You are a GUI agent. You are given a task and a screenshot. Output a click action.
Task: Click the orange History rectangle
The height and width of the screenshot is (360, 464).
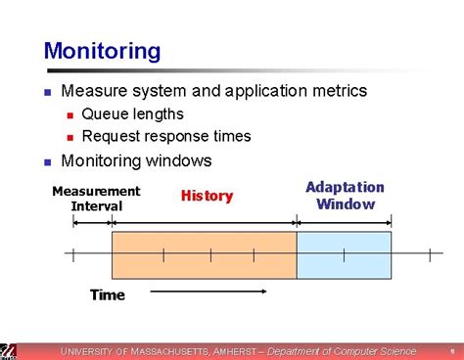click(204, 255)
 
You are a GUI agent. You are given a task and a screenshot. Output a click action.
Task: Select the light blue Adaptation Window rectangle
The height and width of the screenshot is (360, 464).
click(344, 255)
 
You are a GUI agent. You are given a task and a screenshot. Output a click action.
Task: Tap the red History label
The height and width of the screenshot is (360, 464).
click(207, 197)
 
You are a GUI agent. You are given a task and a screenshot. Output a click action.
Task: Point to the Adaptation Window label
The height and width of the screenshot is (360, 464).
click(345, 196)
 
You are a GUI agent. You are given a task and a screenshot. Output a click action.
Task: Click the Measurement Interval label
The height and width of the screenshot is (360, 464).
click(96, 198)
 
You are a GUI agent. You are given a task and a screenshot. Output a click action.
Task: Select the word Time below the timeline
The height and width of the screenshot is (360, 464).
click(108, 294)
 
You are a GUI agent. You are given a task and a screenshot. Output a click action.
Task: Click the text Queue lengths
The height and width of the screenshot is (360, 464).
click(132, 114)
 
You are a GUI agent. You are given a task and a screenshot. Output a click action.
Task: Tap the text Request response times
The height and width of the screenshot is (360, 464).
click(166, 136)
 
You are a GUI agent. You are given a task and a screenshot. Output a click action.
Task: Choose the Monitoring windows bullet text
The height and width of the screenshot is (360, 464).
click(136, 160)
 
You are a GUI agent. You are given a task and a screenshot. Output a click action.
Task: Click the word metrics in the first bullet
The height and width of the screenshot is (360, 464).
click(336, 91)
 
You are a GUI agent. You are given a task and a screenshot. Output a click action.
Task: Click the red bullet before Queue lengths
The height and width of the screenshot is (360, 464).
click(69, 115)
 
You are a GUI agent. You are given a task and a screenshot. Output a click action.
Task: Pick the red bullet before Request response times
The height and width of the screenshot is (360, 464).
click(69, 137)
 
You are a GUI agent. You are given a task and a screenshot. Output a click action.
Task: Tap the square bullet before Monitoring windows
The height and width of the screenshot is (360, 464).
click(47, 161)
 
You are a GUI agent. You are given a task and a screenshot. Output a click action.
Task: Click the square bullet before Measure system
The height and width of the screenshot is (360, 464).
click(47, 92)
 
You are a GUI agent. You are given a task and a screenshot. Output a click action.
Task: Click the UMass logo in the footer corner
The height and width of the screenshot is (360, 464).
click(8, 351)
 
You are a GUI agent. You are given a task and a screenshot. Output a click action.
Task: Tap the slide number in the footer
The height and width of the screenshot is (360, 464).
click(451, 351)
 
